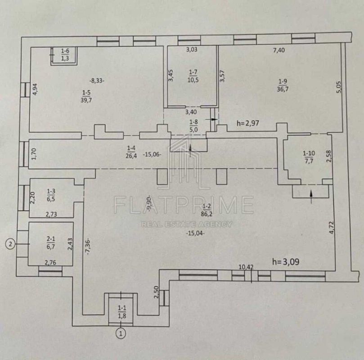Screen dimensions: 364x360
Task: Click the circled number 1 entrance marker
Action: coord(121,333)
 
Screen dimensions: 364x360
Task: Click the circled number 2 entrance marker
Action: coord(10,244)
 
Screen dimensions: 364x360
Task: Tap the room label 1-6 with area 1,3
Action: coord(65,54)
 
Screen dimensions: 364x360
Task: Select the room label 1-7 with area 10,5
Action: coord(193,76)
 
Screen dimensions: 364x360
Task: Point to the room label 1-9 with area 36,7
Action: coord(283,85)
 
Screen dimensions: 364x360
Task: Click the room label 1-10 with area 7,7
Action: coord(309,157)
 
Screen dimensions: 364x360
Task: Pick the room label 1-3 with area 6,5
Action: coord(51,195)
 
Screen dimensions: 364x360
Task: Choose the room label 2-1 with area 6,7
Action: coord(50,243)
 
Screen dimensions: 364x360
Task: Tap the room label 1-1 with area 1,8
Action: coord(122,312)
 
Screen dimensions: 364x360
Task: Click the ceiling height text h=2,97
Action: coord(248,123)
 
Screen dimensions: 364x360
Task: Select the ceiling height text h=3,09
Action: coord(286,262)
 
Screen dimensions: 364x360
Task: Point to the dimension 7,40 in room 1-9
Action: coord(279,50)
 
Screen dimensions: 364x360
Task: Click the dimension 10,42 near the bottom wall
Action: coord(246,267)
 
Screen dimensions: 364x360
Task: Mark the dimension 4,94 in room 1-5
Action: coord(35,90)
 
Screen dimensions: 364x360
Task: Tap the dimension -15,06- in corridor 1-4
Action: coord(152,154)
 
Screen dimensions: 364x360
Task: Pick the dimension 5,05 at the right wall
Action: coord(339,87)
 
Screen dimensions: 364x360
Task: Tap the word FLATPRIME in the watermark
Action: coord(184,205)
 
